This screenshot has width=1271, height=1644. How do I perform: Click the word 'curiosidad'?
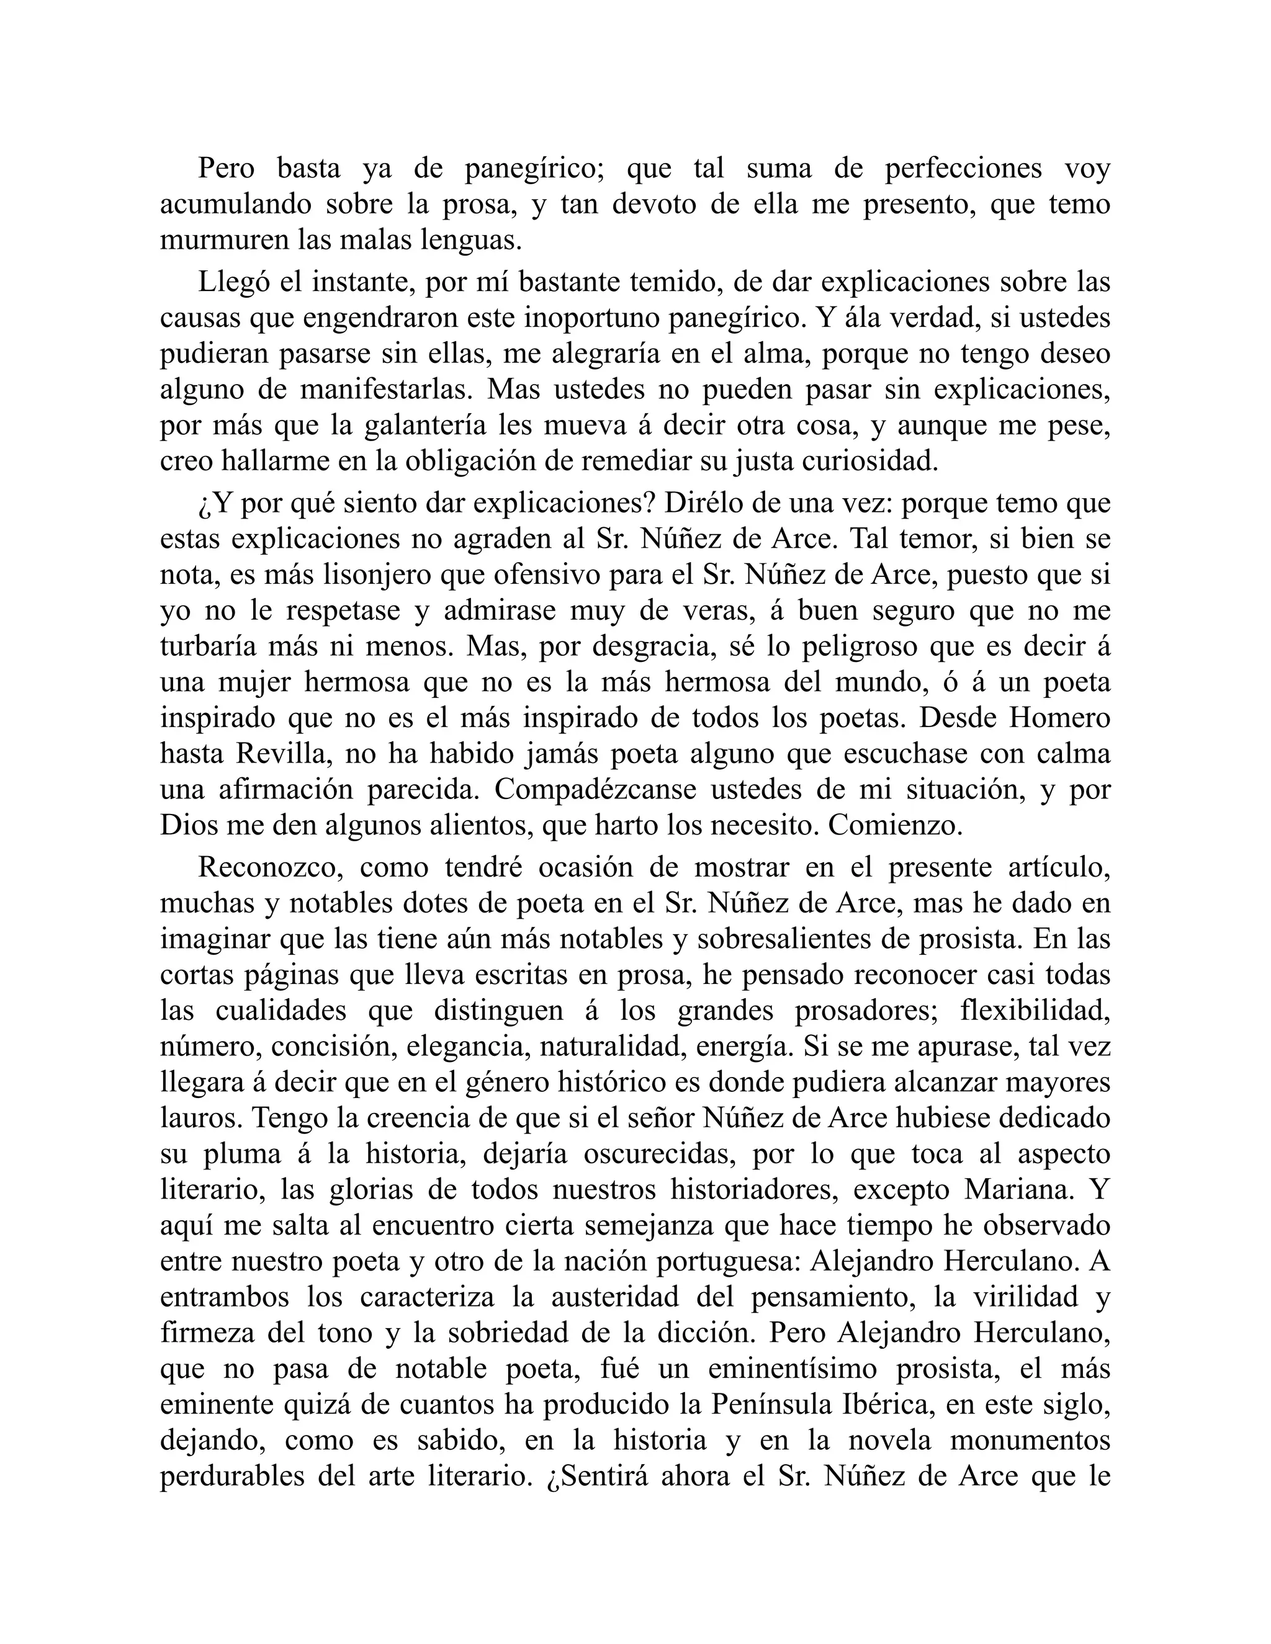(x=869, y=462)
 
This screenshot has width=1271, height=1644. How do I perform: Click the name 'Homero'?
(x=1059, y=718)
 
